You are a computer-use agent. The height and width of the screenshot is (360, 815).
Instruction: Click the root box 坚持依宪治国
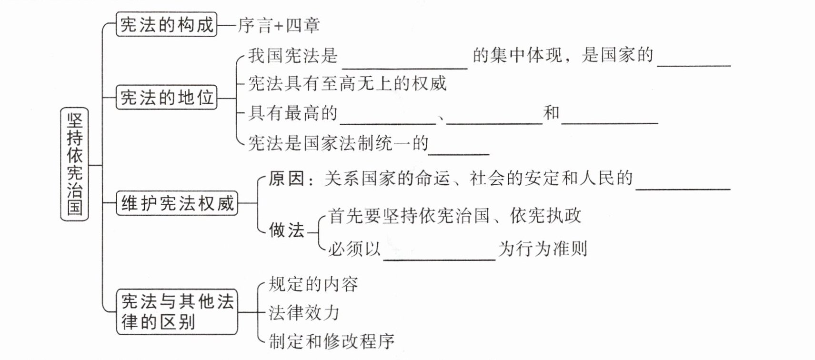[x=74, y=164]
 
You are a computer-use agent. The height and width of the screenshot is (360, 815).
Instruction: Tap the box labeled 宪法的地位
[x=166, y=98]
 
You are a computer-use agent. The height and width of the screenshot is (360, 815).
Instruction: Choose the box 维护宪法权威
[x=177, y=203]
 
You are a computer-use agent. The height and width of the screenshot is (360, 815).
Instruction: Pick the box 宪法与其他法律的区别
[x=177, y=311]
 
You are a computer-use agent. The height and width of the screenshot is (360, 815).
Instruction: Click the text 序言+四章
[x=279, y=25]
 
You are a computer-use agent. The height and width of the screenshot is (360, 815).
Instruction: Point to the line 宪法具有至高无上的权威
[x=347, y=84]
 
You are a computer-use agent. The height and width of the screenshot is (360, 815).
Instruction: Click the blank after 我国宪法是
[x=404, y=61]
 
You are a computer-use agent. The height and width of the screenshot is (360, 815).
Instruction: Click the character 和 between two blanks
[x=552, y=113]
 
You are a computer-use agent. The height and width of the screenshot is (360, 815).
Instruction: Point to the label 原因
[x=286, y=179]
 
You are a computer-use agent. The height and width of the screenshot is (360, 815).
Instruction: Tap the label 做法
[x=286, y=230]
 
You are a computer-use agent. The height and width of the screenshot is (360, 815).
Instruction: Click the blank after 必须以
[x=439, y=253]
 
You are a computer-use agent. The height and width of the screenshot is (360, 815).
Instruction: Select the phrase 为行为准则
[x=543, y=249]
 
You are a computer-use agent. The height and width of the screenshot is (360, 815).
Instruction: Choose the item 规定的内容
[x=313, y=284]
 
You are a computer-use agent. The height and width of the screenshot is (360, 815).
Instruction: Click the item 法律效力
[x=304, y=313]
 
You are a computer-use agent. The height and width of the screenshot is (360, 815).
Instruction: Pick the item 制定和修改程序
[x=332, y=341]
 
